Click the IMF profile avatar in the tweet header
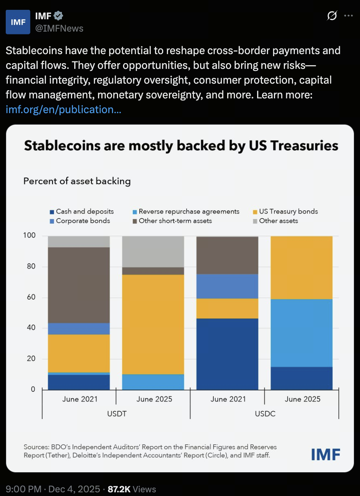(18, 22)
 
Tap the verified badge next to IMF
(59, 16)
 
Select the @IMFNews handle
(59, 28)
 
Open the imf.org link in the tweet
(63, 110)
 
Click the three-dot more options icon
(348, 16)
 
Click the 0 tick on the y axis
(33, 389)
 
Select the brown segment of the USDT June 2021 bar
(79, 285)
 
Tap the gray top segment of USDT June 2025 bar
(153, 251)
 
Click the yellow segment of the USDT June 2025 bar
(153, 324)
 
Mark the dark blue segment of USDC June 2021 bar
(227, 354)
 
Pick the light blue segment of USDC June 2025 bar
(301, 332)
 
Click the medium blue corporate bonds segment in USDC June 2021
(227, 286)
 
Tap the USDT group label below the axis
(116, 414)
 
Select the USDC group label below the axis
(264, 414)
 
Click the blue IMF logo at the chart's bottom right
(326, 454)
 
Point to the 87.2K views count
(132, 489)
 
